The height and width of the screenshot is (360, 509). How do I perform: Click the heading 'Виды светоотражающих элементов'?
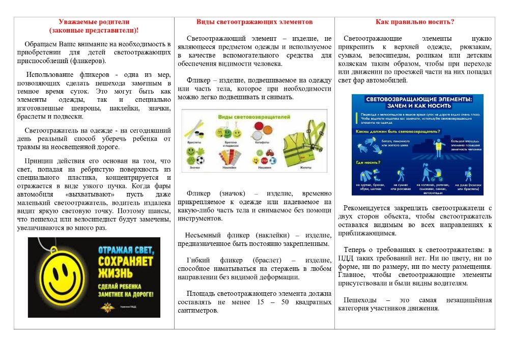[254, 22]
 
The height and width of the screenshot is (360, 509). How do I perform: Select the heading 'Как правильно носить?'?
[415, 22]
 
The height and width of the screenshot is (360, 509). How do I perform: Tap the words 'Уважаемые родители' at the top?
[94, 22]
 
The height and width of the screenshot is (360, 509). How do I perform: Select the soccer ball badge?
[203, 159]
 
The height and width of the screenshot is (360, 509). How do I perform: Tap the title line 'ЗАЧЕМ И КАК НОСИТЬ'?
[417, 106]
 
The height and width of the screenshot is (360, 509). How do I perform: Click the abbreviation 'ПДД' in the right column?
[347, 258]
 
